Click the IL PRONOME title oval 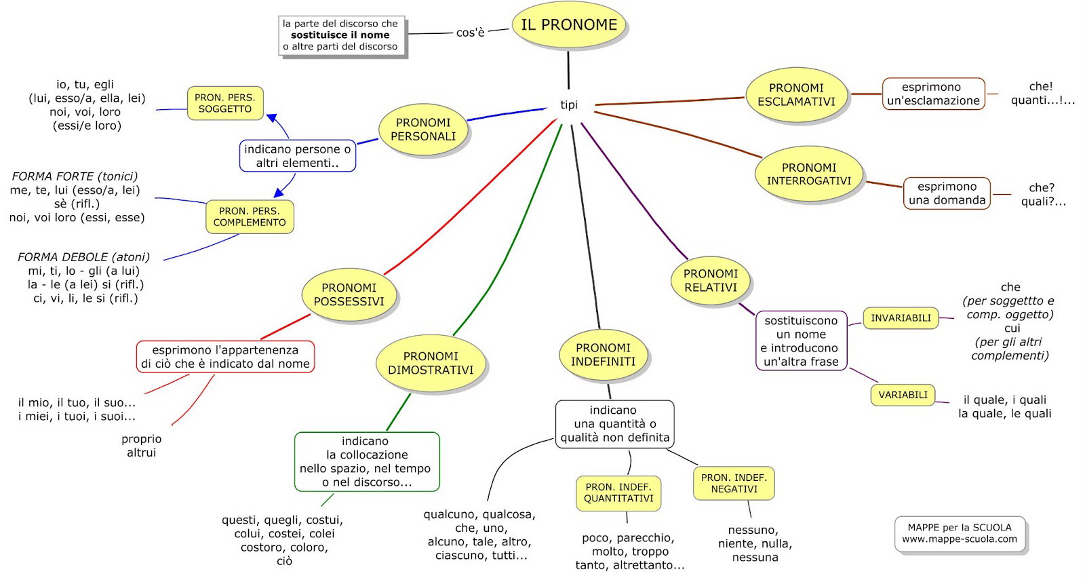(x=569, y=24)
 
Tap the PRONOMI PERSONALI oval (x=423, y=130)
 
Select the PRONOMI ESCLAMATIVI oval (x=796, y=94)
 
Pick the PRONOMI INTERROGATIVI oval (x=809, y=174)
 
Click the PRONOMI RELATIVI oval (x=711, y=281)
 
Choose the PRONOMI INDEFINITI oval (x=603, y=355)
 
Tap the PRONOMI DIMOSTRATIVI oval (x=431, y=363)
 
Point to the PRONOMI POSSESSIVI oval (x=349, y=294)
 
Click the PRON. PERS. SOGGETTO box (x=225, y=103)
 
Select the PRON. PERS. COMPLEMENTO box (x=250, y=216)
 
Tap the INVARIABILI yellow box (x=901, y=318)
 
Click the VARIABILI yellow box (x=903, y=395)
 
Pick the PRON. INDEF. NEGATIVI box (x=734, y=483)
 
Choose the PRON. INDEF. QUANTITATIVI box (x=618, y=493)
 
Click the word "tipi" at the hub (x=569, y=104)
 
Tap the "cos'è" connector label (x=471, y=33)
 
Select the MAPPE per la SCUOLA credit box (x=960, y=533)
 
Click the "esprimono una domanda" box (x=947, y=193)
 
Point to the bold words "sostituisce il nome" (x=340, y=35)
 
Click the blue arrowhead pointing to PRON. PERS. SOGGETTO (x=272, y=118)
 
